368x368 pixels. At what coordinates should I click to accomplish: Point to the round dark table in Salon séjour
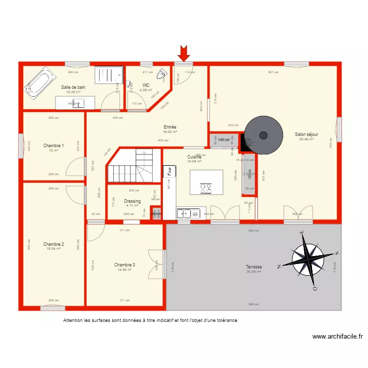(x=263, y=135)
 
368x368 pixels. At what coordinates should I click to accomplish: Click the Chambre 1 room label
(x=53, y=146)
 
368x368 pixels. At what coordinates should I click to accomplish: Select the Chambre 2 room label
(x=53, y=244)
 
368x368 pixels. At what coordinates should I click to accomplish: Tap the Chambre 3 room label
(x=125, y=264)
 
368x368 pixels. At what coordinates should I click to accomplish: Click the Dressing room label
(x=132, y=201)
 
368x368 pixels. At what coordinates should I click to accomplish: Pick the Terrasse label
(x=254, y=267)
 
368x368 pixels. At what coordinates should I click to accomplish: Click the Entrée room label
(x=170, y=127)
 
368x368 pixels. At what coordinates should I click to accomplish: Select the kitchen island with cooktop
(x=206, y=182)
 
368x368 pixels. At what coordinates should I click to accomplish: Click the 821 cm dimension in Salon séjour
(x=273, y=72)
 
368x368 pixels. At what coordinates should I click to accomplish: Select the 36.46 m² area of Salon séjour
(x=306, y=139)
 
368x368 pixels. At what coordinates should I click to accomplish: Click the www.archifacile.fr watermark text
(x=337, y=337)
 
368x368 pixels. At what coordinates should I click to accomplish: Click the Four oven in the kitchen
(x=169, y=172)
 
